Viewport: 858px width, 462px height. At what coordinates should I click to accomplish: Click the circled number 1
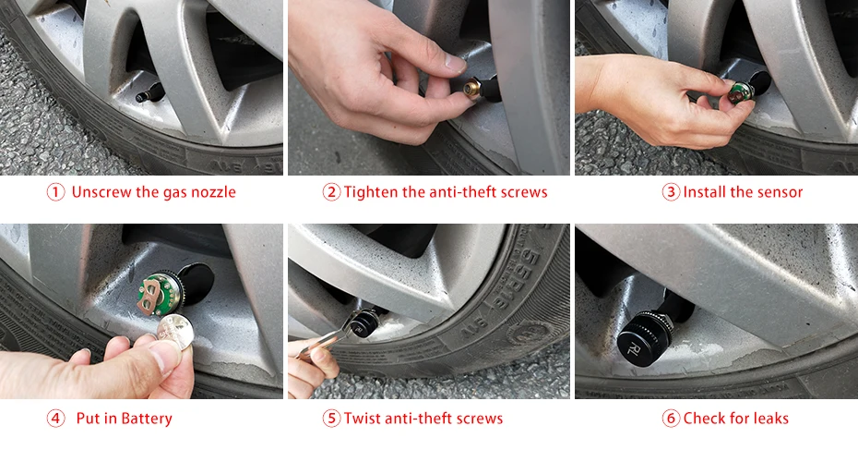55,192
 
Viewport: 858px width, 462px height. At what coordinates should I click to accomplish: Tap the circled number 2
331,192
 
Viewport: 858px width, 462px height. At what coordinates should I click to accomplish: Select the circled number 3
671,192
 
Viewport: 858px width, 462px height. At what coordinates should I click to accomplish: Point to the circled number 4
55,419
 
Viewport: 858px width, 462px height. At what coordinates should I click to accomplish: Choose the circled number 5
331,419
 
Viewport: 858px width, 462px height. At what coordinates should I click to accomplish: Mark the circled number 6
671,419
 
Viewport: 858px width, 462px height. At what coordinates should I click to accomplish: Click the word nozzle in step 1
213,192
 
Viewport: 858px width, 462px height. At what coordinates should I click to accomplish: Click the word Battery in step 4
146,419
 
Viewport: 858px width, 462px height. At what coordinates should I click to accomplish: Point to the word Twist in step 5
363,419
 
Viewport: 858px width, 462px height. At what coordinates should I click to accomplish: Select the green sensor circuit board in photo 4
160,292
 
